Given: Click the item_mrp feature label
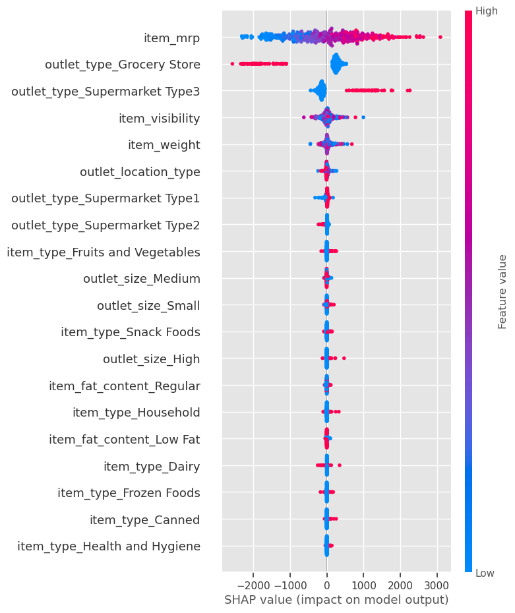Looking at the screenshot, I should point(171,38).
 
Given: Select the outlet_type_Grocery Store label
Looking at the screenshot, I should point(123,65).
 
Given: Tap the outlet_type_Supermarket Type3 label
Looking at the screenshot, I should point(106,91).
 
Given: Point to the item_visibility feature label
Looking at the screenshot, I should point(159,118).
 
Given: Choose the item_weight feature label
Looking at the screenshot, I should point(164,144).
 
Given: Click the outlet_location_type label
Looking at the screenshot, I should point(140,171).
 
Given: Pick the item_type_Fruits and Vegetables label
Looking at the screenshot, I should point(104,252).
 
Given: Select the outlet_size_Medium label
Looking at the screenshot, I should point(142,278).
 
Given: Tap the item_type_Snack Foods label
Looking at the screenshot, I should point(131,332).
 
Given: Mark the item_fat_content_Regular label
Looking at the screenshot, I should point(125,386).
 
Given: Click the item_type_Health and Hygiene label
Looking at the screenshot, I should point(109,546).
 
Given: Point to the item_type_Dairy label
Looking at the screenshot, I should point(152,466).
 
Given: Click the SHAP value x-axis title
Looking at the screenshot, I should point(336,600).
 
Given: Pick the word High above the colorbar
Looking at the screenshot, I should point(487,11).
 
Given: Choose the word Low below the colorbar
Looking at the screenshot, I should point(485,573).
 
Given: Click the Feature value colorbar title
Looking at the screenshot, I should point(502,291).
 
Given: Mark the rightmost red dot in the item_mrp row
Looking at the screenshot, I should point(440,37).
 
